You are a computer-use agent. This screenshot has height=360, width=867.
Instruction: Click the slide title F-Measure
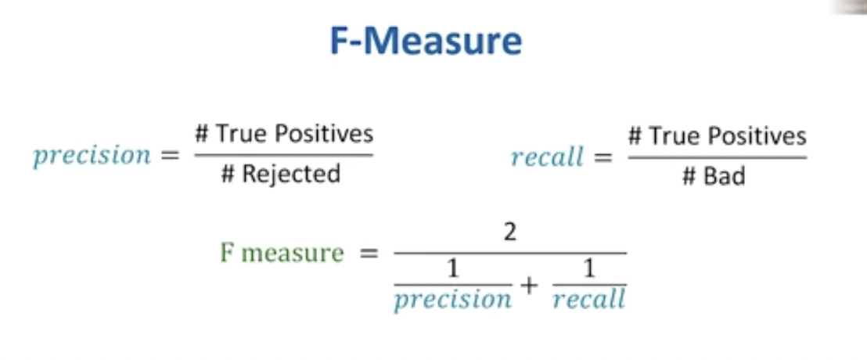point(425,41)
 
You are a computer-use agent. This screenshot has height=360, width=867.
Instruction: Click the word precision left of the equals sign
point(92,155)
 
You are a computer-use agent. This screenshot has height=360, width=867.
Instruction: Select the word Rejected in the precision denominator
point(291,174)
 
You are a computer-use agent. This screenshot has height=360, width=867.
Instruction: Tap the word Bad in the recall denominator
point(725,176)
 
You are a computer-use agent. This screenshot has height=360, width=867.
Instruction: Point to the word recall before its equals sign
point(548,157)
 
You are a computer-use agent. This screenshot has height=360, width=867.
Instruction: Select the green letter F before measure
point(227,254)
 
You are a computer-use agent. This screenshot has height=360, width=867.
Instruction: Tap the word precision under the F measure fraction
point(452,299)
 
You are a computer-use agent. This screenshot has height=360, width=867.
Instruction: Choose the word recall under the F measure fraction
point(588,299)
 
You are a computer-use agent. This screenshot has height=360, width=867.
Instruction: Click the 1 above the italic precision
point(452,270)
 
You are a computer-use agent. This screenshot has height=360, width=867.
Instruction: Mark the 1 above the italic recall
point(588,270)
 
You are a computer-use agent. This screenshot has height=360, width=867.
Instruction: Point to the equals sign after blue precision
point(169,156)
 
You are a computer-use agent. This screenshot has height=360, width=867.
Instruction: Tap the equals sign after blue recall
point(603,157)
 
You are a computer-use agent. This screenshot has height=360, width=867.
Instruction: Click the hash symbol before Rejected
point(228,174)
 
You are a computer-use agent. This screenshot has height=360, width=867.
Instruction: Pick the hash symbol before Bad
point(689,176)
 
